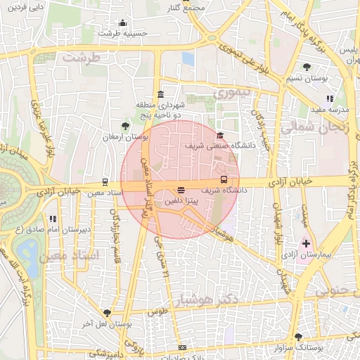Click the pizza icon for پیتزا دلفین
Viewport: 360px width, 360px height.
click(x=181, y=190)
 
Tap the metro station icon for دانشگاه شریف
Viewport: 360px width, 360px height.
click(x=224, y=179)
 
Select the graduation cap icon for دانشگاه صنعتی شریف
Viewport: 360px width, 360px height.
click(x=220, y=136)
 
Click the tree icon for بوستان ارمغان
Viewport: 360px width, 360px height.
click(x=125, y=127)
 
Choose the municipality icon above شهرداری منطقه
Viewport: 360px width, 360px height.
click(x=161, y=95)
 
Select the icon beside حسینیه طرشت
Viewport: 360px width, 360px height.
click(x=123, y=23)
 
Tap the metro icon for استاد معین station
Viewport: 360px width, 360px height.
click(x=105, y=181)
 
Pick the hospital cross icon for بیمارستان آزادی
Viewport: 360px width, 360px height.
click(x=306, y=243)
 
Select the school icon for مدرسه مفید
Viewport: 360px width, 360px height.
click(x=329, y=98)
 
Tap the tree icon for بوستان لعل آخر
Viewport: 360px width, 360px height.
click(x=107, y=313)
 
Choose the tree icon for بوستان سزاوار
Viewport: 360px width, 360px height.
click(x=299, y=337)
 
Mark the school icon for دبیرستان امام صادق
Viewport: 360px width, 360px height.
click(x=52, y=219)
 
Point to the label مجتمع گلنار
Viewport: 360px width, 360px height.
click(x=184, y=7)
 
